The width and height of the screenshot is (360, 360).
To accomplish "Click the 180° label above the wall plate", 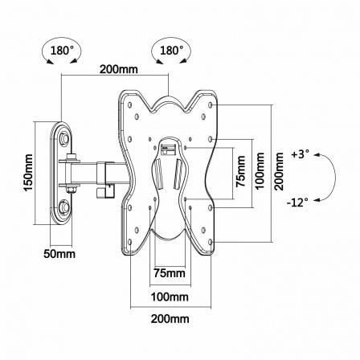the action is pos(63,50).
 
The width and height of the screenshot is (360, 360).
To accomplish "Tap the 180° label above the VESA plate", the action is pos(172,50).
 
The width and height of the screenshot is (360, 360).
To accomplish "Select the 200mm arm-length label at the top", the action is pos(119,69).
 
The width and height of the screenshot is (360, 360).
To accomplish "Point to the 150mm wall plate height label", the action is pos(28,173).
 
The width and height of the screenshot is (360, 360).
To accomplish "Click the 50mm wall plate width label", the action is pos(59,253).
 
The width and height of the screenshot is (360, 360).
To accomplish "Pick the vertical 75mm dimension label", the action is pos(239,172).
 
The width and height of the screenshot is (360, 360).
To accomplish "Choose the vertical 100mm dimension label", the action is pos(260,170).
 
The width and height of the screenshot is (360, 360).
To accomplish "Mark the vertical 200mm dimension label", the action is pos(280,172).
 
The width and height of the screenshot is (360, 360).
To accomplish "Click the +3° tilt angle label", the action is pos(301,155).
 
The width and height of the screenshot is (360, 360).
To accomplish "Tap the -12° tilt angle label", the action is pos(299,202).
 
